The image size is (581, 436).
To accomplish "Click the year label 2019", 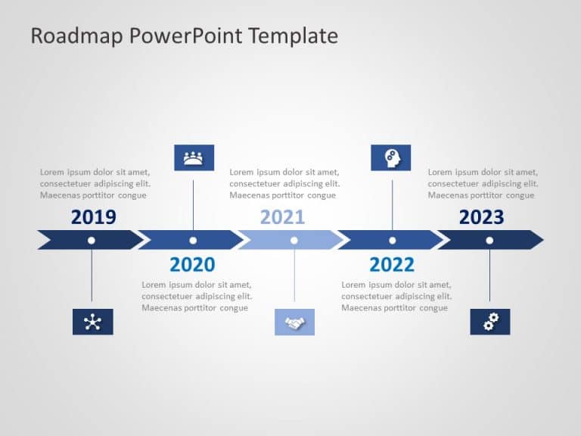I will tap(94, 218).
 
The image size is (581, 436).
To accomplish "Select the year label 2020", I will tap(192, 264).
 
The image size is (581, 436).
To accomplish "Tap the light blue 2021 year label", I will tap(282, 218).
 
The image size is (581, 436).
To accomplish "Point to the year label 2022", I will tap(392, 264).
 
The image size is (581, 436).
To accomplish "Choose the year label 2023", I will tap(481, 218).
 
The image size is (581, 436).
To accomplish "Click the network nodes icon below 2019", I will tap(92, 322).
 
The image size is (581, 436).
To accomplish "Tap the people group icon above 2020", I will tap(194, 157).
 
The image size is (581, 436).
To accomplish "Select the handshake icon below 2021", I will tap(294, 322).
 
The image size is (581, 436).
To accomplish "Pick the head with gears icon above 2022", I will tap(391, 157).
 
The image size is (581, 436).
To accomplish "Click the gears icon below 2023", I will tap(490, 322).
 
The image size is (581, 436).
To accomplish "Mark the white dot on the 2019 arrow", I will tap(92, 240).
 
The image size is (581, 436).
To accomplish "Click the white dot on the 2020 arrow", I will tap(193, 240).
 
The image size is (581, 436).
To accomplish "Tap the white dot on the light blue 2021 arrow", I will tap(294, 240).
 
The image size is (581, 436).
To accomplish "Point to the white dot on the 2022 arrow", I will tap(392, 240).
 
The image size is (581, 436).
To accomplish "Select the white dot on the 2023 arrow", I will tap(489, 240).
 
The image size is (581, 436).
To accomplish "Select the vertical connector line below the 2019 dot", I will tap(92, 276).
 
